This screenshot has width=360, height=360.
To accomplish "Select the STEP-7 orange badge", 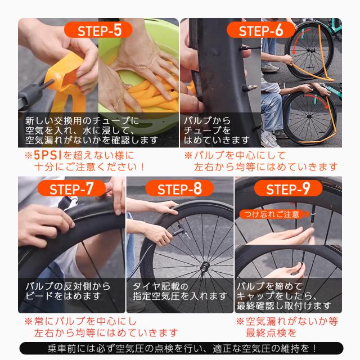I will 71,190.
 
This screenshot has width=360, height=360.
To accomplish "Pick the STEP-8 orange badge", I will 179,190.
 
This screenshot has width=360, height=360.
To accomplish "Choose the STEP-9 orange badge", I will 287,190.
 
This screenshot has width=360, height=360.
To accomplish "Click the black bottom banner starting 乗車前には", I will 180,349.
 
